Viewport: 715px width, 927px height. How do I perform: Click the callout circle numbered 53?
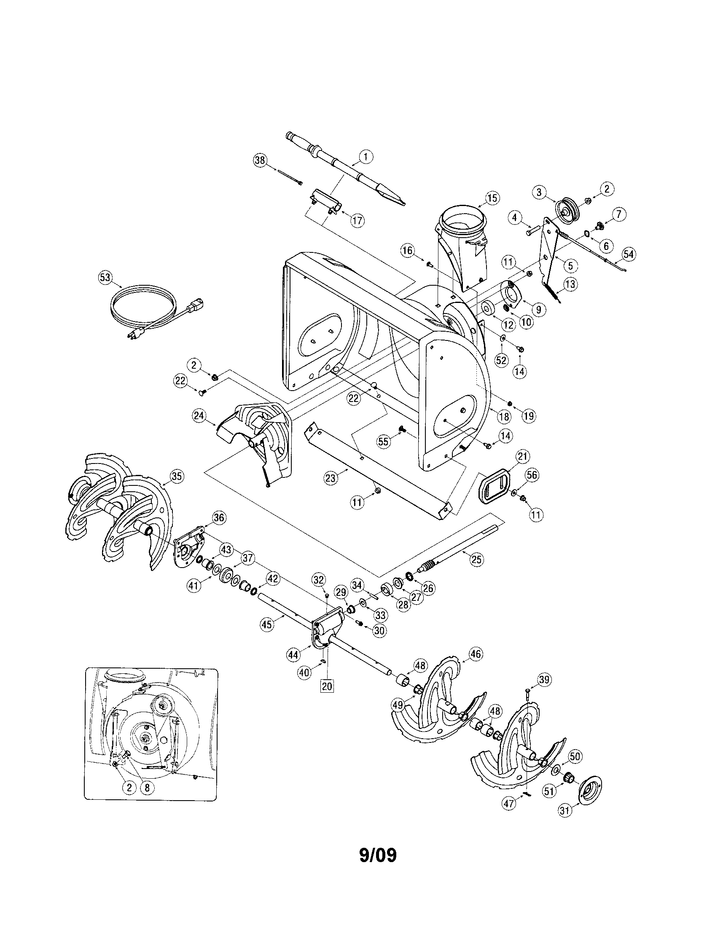[x=105, y=278]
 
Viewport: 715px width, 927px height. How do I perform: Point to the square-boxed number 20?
[x=327, y=686]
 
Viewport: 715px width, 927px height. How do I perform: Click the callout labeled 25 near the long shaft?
[x=476, y=560]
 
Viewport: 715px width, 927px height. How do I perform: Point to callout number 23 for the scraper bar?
[x=331, y=478]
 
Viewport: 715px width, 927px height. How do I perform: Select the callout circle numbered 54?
[x=629, y=254]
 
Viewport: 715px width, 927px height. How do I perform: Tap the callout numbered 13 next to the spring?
[x=571, y=284]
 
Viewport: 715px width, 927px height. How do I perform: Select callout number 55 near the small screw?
[x=383, y=442]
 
